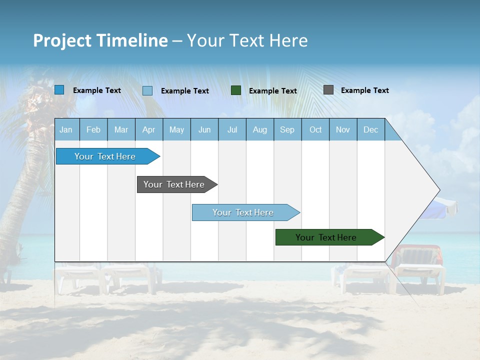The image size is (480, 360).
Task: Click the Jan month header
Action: point(66,129)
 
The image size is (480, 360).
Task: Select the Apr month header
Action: point(149,129)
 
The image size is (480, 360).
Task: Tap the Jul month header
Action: point(232,129)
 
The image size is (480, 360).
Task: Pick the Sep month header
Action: point(287,129)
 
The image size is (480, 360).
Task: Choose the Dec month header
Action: point(370,129)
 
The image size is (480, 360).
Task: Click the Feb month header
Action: point(93,129)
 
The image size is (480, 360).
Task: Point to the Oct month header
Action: point(315,129)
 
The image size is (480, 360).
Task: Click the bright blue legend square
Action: point(59,90)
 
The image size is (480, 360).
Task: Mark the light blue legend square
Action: point(147,90)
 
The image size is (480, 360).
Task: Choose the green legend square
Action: point(236,90)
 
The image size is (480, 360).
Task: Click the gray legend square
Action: point(328,90)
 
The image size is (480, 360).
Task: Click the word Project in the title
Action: point(62,40)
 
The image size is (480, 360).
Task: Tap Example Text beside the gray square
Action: point(364,90)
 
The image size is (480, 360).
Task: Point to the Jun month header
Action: point(204,129)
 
